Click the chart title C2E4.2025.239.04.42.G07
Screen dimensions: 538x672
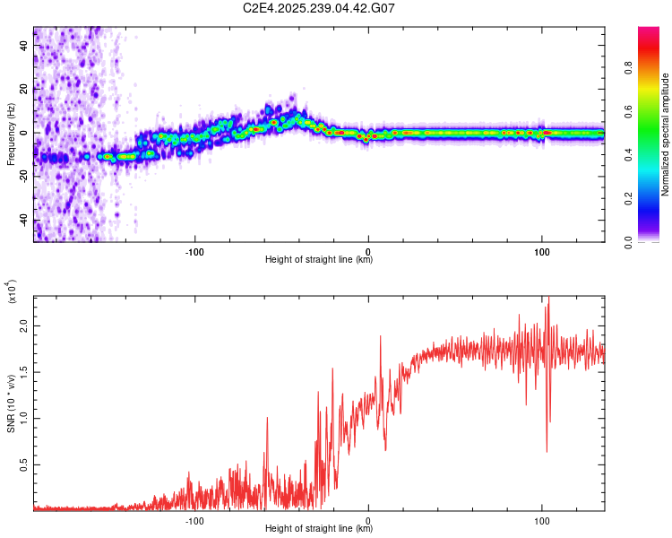pyautogui.click(x=319, y=8)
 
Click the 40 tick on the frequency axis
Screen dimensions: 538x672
pyautogui.click(x=24, y=47)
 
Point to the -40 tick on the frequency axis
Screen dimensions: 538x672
pyautogui.click(x=24, y=220)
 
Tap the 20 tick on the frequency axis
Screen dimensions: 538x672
pyautogui.click(x=24, y=90)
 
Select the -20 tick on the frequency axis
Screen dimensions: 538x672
pyautogui.click(x=24, y=177)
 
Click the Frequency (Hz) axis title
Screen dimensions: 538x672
pyautogui.click(x=11, y=134)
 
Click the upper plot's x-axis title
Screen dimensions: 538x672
pyautogui.click(x=319, y=260)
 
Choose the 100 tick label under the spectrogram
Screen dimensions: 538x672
pyautogui.click(x=541, y=250)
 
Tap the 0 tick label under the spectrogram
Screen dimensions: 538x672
pyautogui.click(x=368, y=250)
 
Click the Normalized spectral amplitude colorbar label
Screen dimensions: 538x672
pyautogui.click(x=667, y=134)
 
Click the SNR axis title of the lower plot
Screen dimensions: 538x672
pyautogui.click(x=11, y=403)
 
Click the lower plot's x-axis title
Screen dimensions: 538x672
pyautogui.click(x=319, y=528)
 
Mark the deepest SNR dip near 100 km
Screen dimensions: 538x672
pyautogui.click(x=547, y=451)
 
